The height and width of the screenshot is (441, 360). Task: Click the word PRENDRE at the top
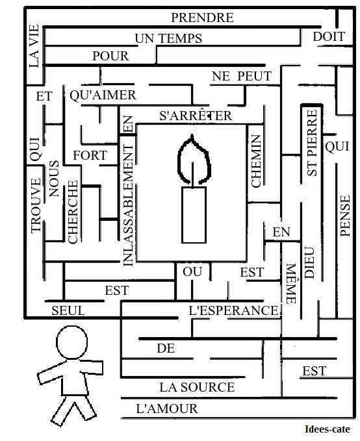pos(202,18)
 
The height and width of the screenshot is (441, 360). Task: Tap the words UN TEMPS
pos(168,38)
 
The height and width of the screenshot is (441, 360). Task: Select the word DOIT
pos(329,36)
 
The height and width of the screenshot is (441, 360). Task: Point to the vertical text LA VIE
pos(34,46)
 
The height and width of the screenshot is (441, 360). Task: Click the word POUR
pos(110,56)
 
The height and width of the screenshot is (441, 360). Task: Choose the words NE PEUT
pos(242,76)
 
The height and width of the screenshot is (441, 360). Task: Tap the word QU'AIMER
pos(103,95)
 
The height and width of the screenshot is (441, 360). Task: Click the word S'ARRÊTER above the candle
pos(196,116)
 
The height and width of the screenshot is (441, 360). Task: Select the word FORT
pos(90,155)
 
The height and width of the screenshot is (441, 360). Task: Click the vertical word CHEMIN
pos(256,161)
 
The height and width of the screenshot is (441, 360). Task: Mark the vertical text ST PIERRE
pos(311,143)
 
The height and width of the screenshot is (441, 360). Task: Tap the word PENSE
pos(345,216)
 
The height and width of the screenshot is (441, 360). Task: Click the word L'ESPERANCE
pos(234,311)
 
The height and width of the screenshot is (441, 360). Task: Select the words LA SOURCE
pos(197,387)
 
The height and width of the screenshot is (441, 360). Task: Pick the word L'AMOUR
pos(167,409)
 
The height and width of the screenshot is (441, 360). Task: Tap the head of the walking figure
pos(71,342)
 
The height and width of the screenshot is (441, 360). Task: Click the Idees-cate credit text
pos(328,429)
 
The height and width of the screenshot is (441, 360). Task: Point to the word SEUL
pos(68,311)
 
